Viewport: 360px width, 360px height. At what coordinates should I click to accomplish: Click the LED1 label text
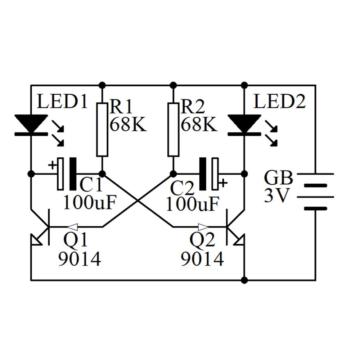coord(62,103)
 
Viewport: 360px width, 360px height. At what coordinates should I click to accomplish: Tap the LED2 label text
coord(279,103)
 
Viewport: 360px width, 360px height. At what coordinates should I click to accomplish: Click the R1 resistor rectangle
coord(102,130)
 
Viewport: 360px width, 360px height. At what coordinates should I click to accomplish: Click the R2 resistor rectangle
coord(174,130)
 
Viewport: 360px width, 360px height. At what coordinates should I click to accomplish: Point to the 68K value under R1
coord(128,125)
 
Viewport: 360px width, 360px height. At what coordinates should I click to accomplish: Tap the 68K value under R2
coord(199,125)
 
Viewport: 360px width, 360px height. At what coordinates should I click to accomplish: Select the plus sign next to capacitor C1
coord(53,165)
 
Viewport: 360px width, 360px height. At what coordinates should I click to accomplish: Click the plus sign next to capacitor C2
coord(223,183)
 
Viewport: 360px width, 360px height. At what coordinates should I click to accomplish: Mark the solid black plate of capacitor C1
coord(73,174)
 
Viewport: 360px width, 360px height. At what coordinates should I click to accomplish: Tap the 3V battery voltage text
coord(276,196)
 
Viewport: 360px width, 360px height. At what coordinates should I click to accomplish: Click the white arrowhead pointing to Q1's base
coord(72,227)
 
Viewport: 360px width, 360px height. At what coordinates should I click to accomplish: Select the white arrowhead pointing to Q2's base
coord(203,227)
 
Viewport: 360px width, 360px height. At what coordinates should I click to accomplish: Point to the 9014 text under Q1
coord(79,259)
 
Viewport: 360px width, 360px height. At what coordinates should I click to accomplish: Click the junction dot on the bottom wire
coord(244,280)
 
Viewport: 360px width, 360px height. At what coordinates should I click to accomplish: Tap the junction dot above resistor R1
coord(102,85)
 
